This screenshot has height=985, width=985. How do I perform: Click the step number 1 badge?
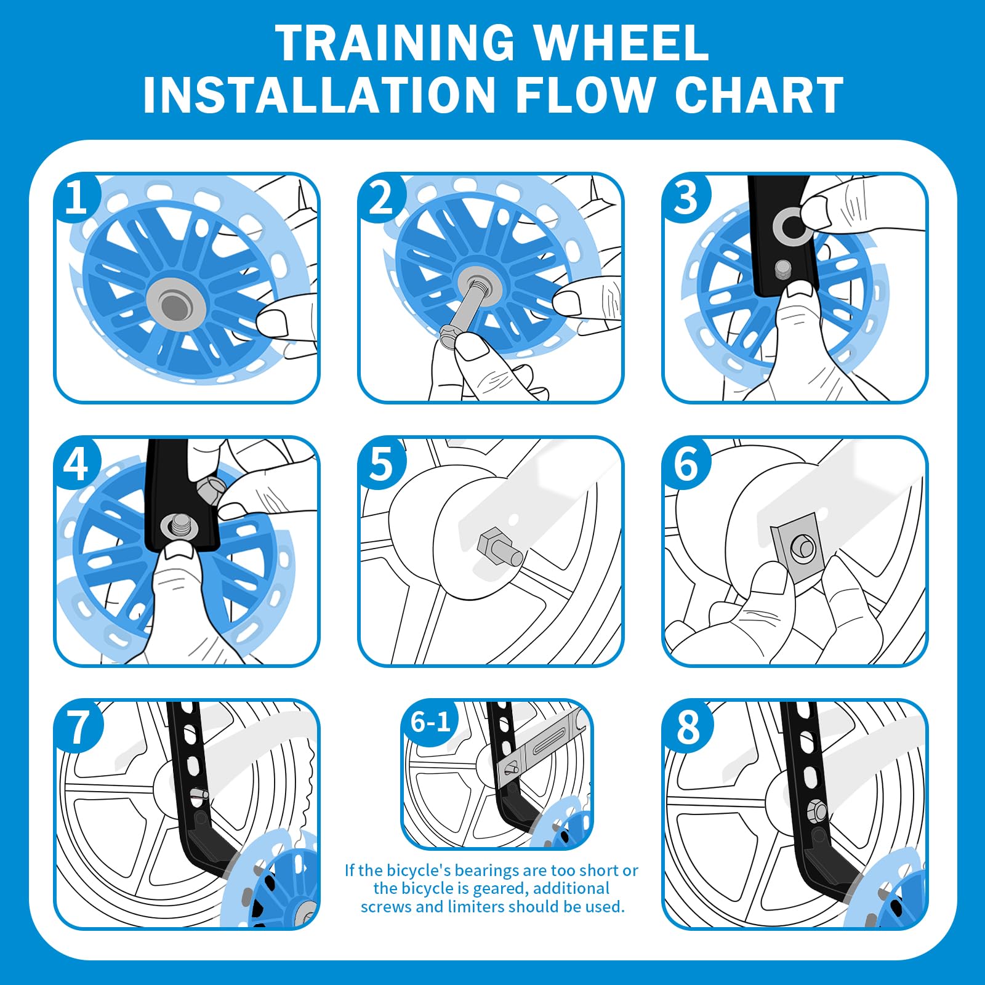tap(76, 198)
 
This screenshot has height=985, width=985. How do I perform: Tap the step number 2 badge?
tap(381, 198)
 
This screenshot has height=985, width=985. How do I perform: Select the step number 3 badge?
tap(685, 198)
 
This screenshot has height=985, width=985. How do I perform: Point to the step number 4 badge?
tap(76, 463)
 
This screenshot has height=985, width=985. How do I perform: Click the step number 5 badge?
tap(381, 463)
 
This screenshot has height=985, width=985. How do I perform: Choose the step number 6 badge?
tap(686, 463)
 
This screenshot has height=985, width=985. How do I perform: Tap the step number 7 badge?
tap(78, 726)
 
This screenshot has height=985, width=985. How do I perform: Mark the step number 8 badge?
tap(688, 726)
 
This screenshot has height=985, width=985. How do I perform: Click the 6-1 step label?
tap(431, 722)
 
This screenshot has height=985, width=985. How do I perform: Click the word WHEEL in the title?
tap(621, 42)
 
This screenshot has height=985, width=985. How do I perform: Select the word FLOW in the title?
tap(584, 95)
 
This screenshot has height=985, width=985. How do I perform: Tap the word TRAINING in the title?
tap(395, 42)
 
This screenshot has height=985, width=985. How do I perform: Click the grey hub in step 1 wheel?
tap(174, 304)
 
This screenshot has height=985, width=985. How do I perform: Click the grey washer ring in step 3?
tap(793, 226)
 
